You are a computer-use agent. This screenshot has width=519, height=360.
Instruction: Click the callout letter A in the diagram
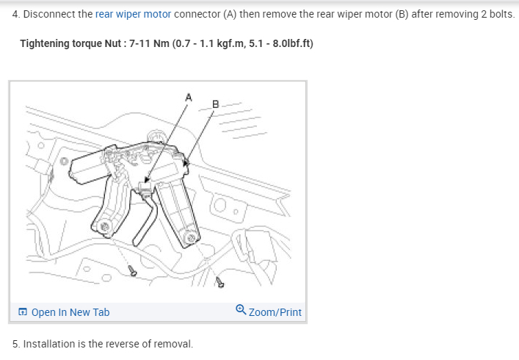(189, 96)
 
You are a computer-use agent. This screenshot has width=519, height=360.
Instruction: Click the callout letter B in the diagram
(215, 104)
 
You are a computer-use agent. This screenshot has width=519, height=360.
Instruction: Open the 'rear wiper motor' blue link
(133, 14)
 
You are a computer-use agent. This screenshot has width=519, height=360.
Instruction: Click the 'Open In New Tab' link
(70, 312)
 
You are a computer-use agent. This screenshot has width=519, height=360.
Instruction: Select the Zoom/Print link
(275, 312)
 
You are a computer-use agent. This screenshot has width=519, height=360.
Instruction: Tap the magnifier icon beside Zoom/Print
(241, 311)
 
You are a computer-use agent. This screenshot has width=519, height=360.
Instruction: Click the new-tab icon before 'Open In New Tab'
(23, 312)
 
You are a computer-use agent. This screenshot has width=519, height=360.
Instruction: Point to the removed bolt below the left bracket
(133, 271)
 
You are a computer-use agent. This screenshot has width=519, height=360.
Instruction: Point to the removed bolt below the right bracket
(219, 282)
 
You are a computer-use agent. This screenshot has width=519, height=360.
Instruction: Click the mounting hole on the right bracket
(191, 237)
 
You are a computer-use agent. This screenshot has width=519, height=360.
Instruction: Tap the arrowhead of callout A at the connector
(147, 180)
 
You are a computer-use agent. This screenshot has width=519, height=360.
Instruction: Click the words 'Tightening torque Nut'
(70, 43)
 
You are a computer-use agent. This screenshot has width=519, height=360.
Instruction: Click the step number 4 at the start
(15, 14)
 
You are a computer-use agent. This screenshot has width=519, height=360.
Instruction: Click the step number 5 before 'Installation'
(15, 344)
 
